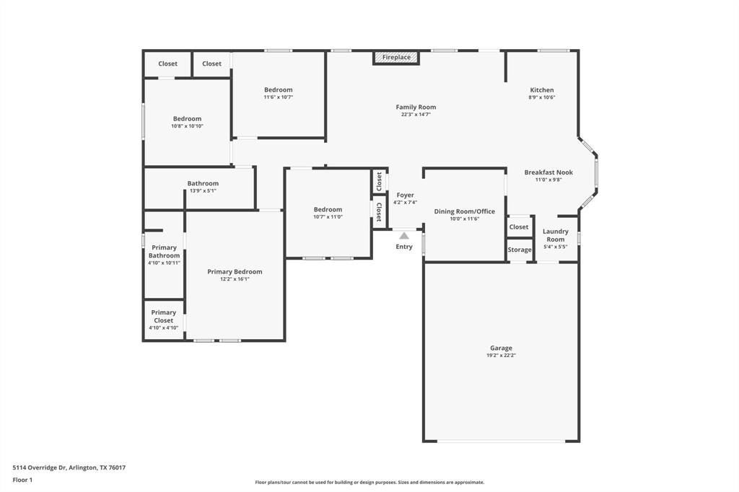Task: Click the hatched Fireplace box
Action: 396,58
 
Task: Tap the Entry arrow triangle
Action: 404,236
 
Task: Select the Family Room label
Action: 416,107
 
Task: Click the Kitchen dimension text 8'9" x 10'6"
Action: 542,97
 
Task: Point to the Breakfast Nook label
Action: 548,172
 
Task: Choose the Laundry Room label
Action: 555,235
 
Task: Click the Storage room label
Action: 520,250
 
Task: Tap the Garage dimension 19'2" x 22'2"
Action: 501,356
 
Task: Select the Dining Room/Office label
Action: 464,211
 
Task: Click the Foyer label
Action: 405,195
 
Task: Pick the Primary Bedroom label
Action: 235,272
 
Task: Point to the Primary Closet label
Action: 163,317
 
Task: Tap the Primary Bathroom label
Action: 164,252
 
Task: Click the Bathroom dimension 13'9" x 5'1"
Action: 203,191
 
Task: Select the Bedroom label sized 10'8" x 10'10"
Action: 187,119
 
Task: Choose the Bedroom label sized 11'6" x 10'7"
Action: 278,90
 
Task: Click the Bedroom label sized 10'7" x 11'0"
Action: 328,210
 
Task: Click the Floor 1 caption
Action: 22,480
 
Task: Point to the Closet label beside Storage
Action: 519,227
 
